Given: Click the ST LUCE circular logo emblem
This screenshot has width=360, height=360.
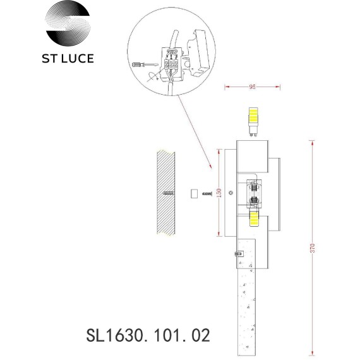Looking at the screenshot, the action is [x=68, y=23].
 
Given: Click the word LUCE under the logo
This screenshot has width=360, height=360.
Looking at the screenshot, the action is [x=78, y=59].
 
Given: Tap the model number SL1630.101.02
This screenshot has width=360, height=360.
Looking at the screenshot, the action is [x=148, y=335].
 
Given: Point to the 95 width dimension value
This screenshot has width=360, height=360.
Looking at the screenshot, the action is [x=252, y=87].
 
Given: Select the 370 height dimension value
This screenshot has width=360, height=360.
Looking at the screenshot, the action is [x=313, y=248].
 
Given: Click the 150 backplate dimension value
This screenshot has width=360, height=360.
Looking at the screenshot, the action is [x=219, y=193].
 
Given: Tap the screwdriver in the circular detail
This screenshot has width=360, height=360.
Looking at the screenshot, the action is [x=145, y=64].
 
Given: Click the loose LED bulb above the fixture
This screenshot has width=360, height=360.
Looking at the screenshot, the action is [x=253, y=122].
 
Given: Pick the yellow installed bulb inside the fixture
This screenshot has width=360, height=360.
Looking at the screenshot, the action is [x=254, y=219].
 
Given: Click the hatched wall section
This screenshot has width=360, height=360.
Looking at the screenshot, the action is [x=165, y=193].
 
